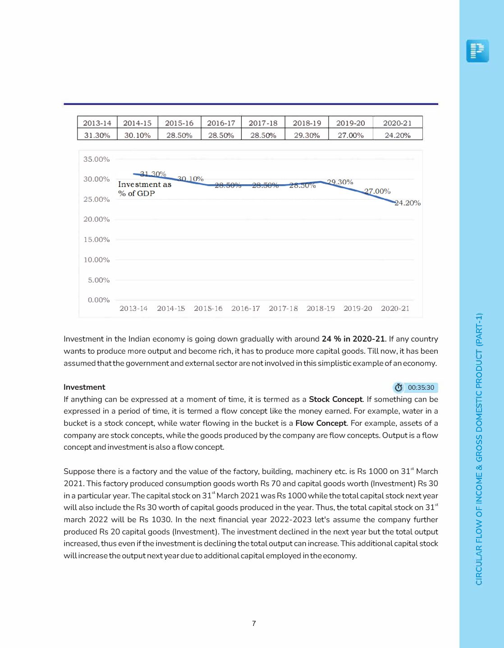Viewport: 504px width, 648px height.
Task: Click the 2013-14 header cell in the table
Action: pyautogui.click(x=97, y=123)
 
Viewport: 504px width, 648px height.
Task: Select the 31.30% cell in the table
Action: pyautogui.click(x=97, y=135)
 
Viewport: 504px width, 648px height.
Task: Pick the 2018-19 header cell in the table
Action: pyautogui.click(x=307, y=123)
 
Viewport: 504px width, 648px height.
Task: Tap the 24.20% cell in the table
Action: pyautogui.click(x=397, y=135)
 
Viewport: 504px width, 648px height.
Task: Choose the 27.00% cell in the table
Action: pyautogui.click(x=350, y=135)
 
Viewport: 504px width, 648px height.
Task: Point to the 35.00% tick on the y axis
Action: pyautogui.click(x=96, y=159)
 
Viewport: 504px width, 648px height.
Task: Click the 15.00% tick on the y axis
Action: pyautogui.click(x=96, y=239)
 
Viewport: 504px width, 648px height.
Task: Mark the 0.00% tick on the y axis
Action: pyautogui.click(x=99, y=300)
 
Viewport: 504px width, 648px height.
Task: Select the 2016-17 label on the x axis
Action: pyautogui.click(x=245, y=308)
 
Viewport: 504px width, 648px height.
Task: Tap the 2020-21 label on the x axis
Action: pyautogui.click(x=395, y=308)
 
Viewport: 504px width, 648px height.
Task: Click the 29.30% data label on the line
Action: pyautogui.click(x=340, y=182)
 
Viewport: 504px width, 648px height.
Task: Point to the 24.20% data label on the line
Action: pyautogui.click(x=408, y=203)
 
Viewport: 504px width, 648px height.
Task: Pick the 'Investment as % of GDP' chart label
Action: pyautogui.click(x=144, y=189)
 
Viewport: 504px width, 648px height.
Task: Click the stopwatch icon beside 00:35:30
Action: pyautogui.click(x=399, y=388)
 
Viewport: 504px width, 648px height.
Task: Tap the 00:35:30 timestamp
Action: pyautogui.click(x=421, y=388)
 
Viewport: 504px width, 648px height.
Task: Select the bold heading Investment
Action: pyautogui.click(x=84, y=387)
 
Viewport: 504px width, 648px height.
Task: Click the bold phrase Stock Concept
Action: pyautogui.click(x=335, y=399)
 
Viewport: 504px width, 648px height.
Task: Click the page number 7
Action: pyautogui.click(x=254, y=623)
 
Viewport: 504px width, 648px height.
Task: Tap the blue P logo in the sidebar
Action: pyautogui.click(x=477, y=50)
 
